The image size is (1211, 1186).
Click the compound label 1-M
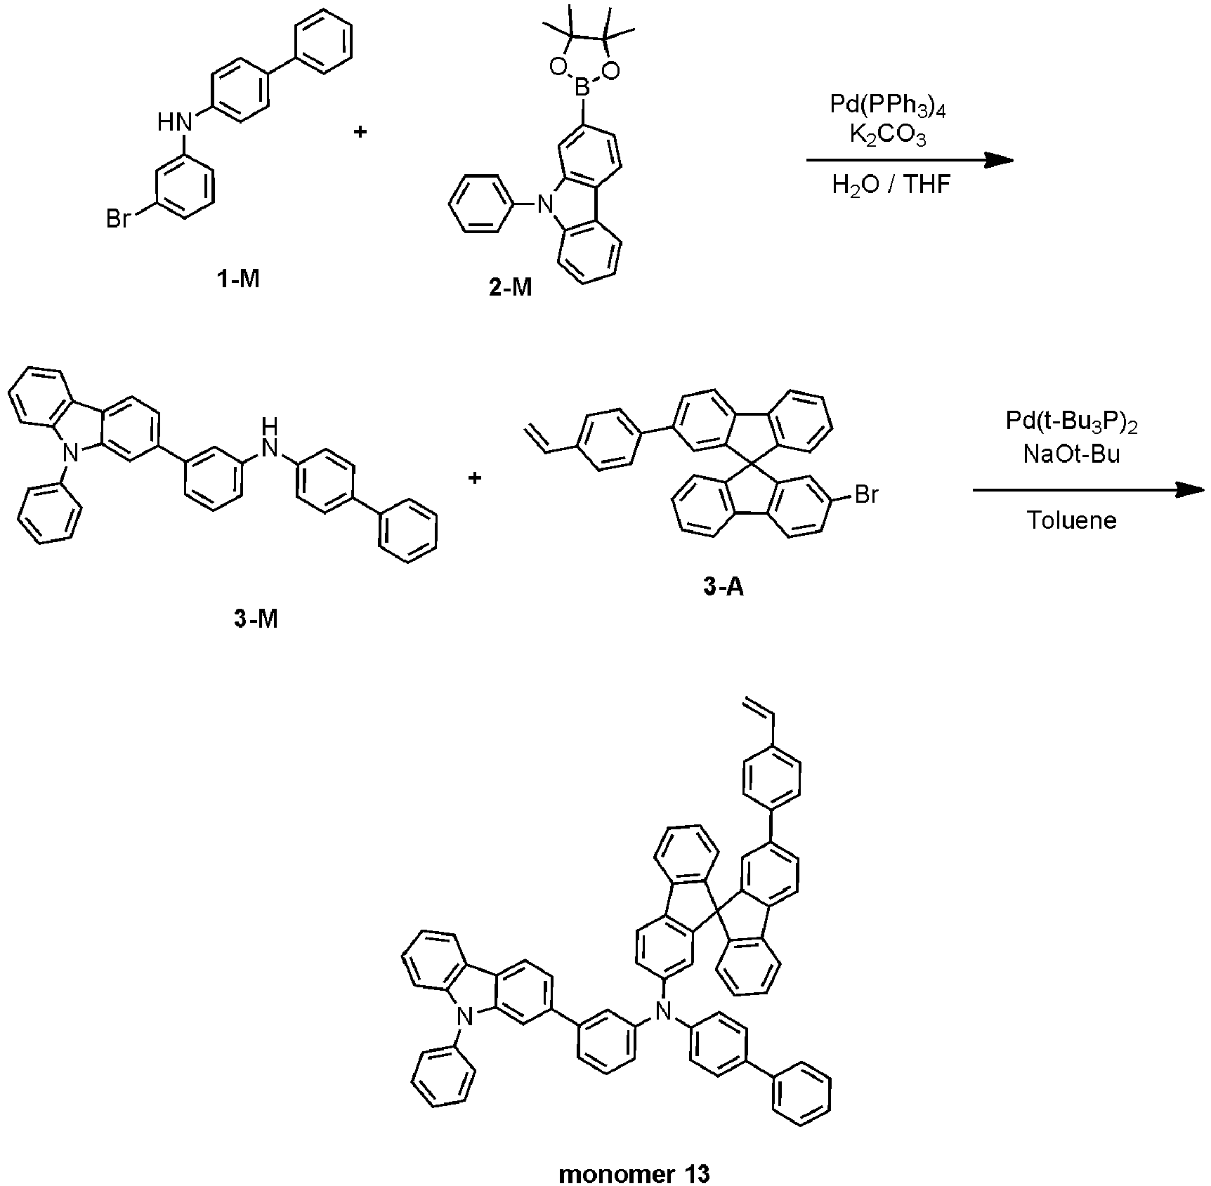[x=238, y=279]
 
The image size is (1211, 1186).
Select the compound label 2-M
[x=511, y=287]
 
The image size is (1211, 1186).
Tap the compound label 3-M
[x=256, y=619]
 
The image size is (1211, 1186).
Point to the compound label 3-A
[x=723, y=586]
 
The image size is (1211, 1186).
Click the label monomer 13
[x=634, y=1173]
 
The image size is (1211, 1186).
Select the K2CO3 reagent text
[x=888, y=136]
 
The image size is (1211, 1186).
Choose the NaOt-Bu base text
[x=1071, y=454]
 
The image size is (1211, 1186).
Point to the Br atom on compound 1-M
[x=118, y=220]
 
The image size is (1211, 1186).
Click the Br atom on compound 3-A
[x=865, y=495]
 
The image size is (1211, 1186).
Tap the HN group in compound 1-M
[x=175, y=123]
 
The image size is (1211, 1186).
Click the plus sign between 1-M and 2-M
[x=360, y=131]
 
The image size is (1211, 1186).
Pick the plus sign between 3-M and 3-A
[x=475, y=478]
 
